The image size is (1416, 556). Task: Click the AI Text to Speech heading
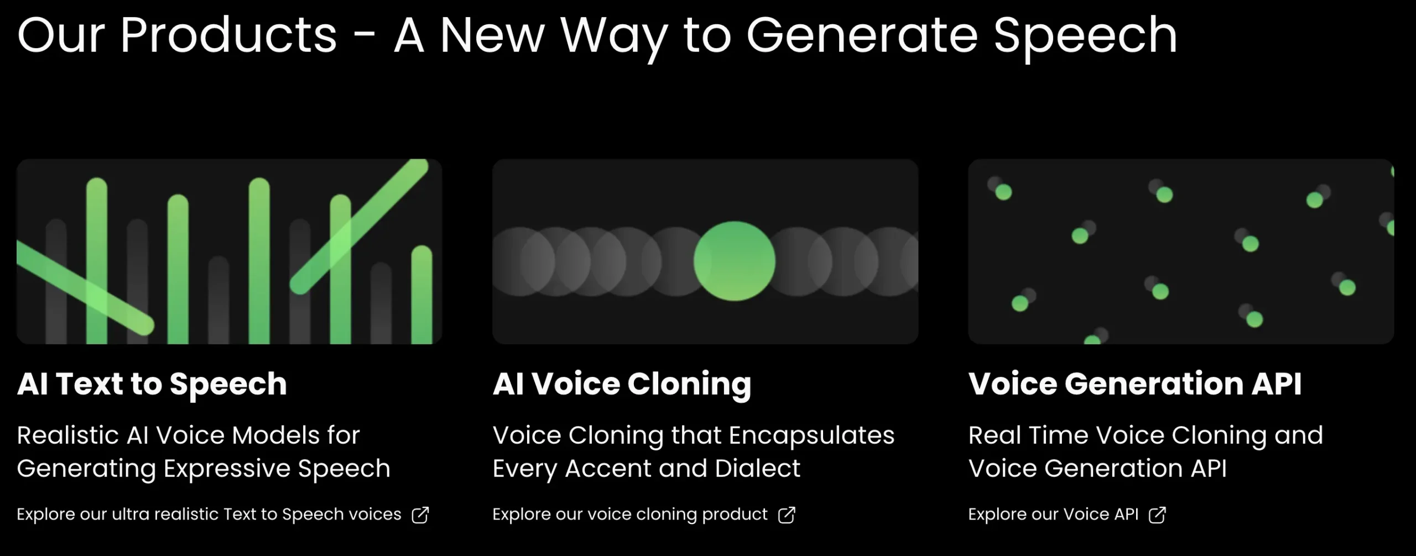click(x=152, y=384)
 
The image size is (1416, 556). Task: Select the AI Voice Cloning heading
click(x=622, y=384)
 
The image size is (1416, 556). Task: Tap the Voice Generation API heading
click(x=1135, y=384)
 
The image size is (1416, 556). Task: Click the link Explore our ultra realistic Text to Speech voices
click(x=209, y=515)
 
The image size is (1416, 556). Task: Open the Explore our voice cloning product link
click(x=630, y=515)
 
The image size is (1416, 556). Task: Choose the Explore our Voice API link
click(x=1053, y=515)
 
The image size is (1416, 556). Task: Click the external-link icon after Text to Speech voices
click(x=420, y=515)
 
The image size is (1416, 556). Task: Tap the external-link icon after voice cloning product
click(x=787, y=515)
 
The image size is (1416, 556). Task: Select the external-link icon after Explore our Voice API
click(x=1157, y=515)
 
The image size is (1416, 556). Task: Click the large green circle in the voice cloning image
click(x=735, y=261)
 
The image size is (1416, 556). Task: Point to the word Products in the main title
click(x=228, y=35)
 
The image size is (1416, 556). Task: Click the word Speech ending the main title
click(x=1086, y=38)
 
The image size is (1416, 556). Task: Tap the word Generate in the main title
click(x=862, y=35)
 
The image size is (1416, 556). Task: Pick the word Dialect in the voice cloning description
click(x=757, y=469)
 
